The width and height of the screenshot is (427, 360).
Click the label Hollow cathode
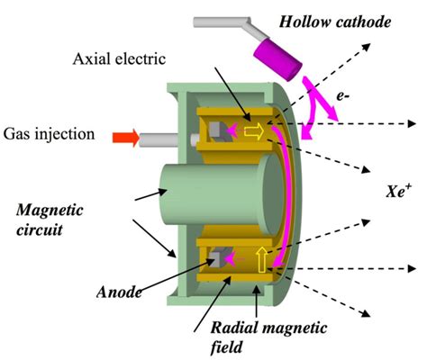click(335, 22)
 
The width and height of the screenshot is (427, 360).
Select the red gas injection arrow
click(126, 138)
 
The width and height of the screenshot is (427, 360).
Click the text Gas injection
click(49, 134)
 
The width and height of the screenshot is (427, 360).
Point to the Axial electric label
click(119, 58)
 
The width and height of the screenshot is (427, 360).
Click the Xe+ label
click(398, 191)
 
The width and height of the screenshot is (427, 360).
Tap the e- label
click(343, 96)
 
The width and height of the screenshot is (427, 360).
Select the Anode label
click(119, 292)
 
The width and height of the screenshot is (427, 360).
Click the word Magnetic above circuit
click(50, 211)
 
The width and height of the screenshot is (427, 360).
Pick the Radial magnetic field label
click(268, 337)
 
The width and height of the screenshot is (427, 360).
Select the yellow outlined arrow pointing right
click(254, 131)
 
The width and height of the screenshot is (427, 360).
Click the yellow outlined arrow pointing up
click(261, 260)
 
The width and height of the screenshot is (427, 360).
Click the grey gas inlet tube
click(159, 140)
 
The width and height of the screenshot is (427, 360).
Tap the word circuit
click(40, 230)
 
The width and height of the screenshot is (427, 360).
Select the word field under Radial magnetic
click(226, 347)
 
